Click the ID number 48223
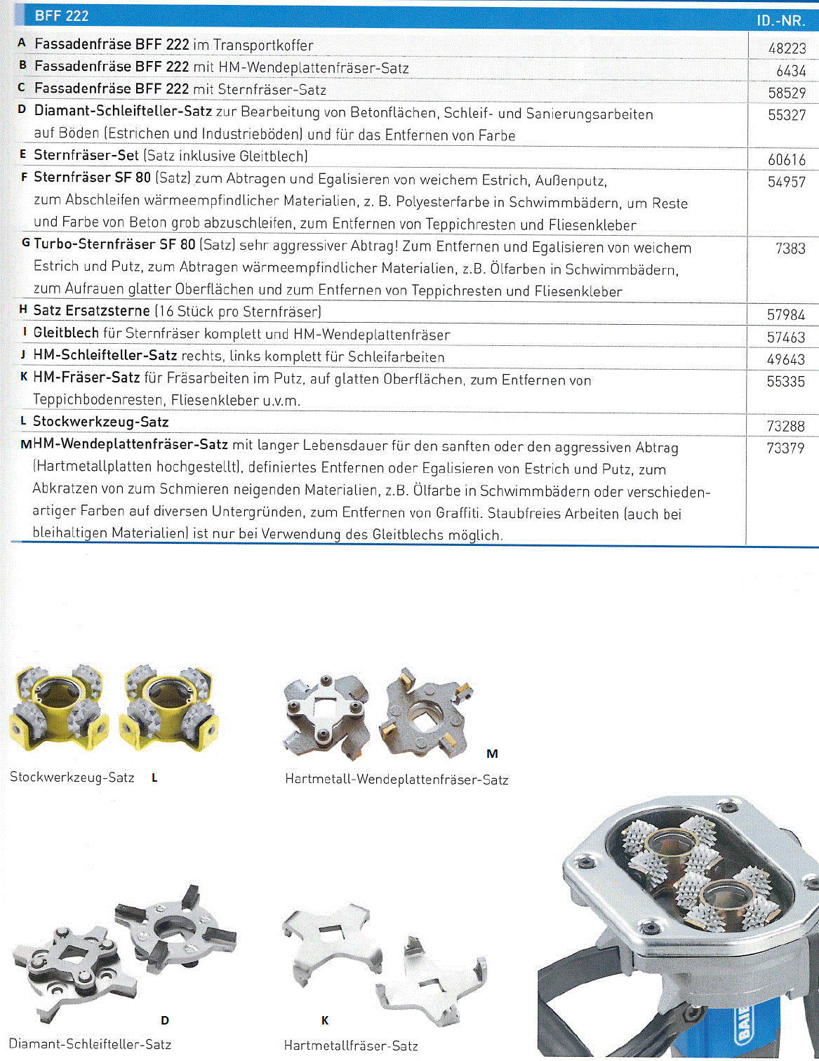point(787,48)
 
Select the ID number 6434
point(791,71)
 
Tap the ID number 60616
point(787,160)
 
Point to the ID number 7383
point(790,248)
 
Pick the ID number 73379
point(785,448)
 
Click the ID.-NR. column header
point(780,21)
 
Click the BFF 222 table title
point(62,15)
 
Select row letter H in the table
point(23,309)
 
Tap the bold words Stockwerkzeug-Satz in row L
point(101,422)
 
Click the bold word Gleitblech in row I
point(67,333)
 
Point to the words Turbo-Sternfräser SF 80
point(114,244)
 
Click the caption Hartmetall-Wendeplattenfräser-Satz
point(397,780)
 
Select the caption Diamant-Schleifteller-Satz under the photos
point(90,1044)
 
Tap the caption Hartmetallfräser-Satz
point(351,1046)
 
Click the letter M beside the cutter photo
point(492,754)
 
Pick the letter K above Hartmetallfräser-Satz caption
point(325,1020)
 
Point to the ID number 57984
point(785,315)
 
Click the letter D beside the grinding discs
point(165,1020)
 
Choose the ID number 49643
point(785,359)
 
